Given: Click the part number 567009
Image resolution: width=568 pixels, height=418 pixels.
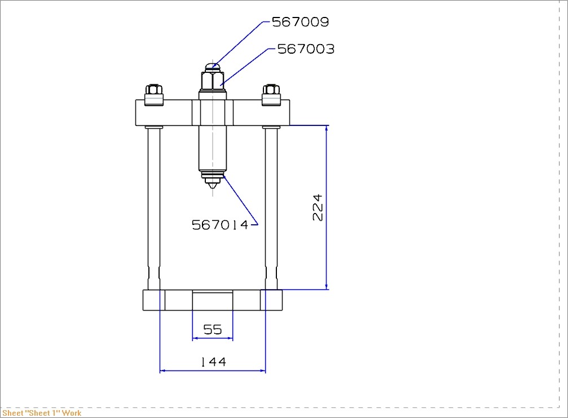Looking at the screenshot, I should tap(300, 22).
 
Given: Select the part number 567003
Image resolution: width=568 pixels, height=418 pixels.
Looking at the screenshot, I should tap(306, 49).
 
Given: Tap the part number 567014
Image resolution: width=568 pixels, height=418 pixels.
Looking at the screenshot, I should tap(220, 225).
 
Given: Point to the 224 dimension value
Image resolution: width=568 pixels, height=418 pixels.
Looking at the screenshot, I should tap(318, 207).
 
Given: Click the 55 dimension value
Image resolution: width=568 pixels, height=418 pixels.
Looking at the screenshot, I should tap(213, 329).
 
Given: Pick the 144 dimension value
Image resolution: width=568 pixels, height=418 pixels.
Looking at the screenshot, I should tap(213, 362).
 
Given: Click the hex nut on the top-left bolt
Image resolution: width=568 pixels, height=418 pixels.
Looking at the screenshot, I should tap(154, 89).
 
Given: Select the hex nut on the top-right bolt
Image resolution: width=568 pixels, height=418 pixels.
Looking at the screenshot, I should tap(271, 89).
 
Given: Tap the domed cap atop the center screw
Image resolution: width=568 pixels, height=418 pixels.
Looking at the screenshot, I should tap(212, 67).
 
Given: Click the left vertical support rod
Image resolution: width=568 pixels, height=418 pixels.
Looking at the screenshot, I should tap(154, 203).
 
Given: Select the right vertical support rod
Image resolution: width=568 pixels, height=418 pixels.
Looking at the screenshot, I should tap(271, 203).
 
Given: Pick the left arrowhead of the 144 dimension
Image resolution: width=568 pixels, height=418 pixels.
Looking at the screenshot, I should tap(163, 371).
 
